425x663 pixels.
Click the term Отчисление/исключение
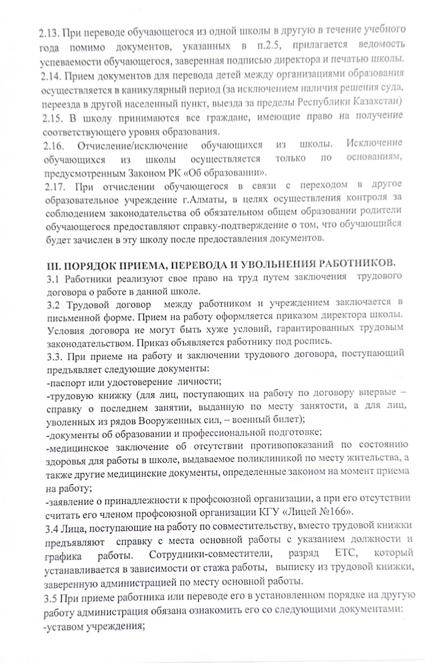133,145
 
